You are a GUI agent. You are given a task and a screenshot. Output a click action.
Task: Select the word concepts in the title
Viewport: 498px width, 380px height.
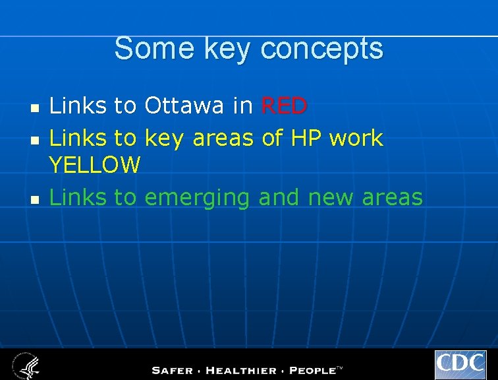[321, 49]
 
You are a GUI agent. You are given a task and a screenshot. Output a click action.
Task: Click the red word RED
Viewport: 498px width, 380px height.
[284, 105]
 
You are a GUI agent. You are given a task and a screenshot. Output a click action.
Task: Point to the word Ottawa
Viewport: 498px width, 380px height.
[184, 105]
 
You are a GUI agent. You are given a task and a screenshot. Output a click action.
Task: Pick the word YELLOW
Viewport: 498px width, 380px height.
[95, 165]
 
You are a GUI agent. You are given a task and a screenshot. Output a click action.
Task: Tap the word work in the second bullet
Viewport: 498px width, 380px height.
[356, 138]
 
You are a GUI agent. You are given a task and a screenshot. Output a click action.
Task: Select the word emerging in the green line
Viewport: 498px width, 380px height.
[197, 197]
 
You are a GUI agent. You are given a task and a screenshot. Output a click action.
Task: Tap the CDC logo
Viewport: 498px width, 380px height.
[460, 365]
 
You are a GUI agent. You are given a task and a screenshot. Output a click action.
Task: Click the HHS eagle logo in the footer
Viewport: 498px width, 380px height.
[26, 365]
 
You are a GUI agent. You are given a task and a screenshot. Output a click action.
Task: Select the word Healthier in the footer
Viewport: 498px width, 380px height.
[241, 370]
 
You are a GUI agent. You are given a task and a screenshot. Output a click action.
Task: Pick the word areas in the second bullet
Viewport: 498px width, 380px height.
[223, 138]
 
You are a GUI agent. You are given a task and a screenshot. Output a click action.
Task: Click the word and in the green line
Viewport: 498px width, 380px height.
[278, 197]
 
